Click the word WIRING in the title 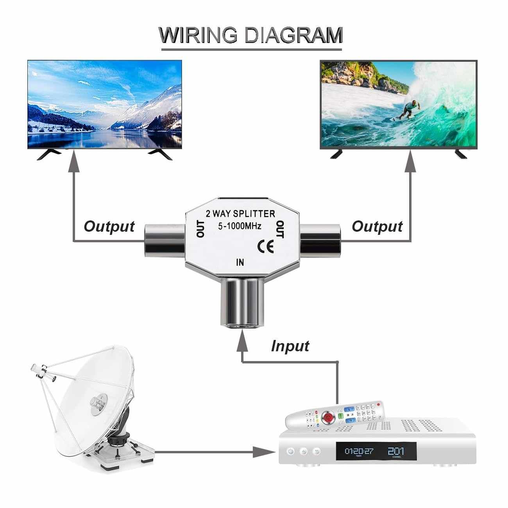198,35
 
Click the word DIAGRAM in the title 294,35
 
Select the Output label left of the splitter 109,227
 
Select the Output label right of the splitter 377,227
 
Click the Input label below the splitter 290,346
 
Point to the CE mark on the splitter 265,247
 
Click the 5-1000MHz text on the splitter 240,226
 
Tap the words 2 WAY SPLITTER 240,213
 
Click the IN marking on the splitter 240,262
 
